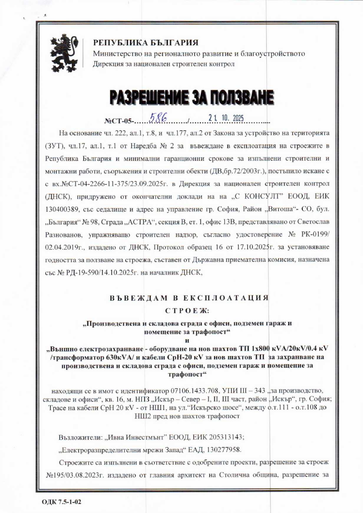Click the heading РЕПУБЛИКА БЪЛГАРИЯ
(146, 43)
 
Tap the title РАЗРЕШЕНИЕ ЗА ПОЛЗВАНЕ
(192, 97)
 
